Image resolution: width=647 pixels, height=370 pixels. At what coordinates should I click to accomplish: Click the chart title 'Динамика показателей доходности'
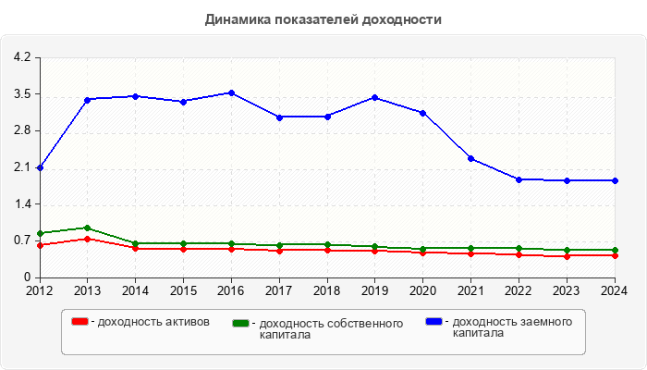(x=323, y=18)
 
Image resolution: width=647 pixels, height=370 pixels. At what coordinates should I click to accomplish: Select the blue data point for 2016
(x=231, y=92)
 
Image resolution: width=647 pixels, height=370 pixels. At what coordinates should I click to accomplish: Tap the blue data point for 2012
(x=40, y=168)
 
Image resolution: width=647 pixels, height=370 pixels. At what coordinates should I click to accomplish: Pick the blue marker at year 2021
(x=470, y=159)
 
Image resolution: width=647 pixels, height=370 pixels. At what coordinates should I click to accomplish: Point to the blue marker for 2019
(x=374, y=97)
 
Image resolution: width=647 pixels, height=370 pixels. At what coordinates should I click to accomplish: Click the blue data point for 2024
(x=614, y=180)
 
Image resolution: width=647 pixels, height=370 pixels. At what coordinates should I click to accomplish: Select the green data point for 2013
(x=87, y=228)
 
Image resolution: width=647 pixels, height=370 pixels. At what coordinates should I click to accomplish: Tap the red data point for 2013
(x=87, y=239)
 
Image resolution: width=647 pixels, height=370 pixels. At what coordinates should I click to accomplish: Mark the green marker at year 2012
(x=40, y=233)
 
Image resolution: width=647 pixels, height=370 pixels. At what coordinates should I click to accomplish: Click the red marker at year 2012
(x=40, y=245)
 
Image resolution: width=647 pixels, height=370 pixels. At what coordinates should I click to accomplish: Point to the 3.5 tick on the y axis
(x=21, y=94)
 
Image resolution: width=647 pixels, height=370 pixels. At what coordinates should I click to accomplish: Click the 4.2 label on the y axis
(x=21, y=57)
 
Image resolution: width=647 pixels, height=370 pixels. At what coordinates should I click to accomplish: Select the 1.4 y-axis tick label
(x=21, y=204)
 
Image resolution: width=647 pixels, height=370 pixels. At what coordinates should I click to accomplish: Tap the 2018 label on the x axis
(x=326, y=290)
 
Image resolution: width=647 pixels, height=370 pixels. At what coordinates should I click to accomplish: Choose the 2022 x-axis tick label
(x=519, y=290)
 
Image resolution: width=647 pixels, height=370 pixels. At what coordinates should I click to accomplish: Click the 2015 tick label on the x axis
(x=183, y=290)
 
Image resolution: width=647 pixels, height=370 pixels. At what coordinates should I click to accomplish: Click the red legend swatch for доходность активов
(x=80, y=321)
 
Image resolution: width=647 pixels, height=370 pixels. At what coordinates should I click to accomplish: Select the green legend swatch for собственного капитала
(x=241, y=323)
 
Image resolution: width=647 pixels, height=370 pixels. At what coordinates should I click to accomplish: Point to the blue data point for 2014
(x=135, y=96)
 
